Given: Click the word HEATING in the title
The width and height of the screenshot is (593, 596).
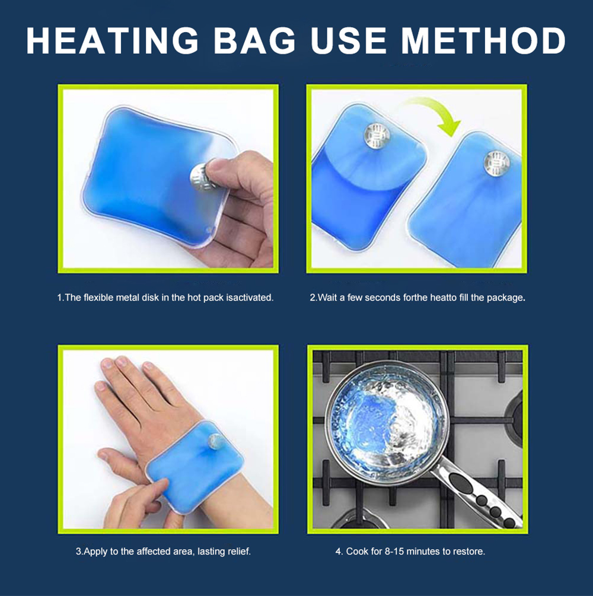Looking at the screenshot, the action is pyautogui.click(x=113, y=41).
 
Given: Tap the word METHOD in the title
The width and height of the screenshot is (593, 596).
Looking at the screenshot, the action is pyautogui.click(x=483, y=41).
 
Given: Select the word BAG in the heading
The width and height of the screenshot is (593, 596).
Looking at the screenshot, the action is pyautogui.click(x=254, y=41).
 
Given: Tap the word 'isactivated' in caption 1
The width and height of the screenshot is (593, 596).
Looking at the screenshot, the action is pyautogui.click(x=250, y=298).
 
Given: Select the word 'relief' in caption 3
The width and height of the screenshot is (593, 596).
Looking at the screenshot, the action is pyautogui.click(x=238, y=551).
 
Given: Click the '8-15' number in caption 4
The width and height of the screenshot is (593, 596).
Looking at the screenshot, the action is pyautogui.click(x=393, y=551).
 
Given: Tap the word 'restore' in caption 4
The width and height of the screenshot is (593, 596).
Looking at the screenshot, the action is pyautogui.click(x=468, y=551).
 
